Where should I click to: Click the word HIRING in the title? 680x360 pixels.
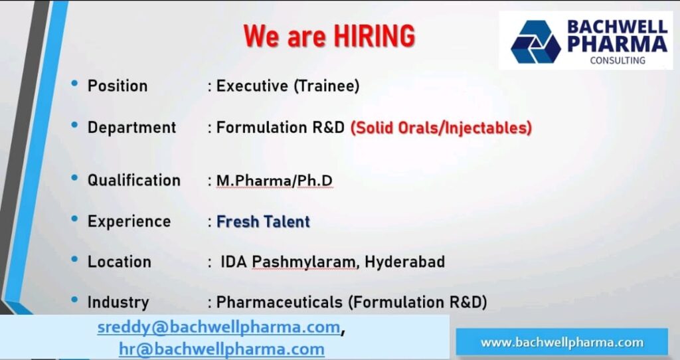[375, 36]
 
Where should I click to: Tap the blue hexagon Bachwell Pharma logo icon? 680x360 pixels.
[535, 41]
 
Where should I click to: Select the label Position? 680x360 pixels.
[118, 86]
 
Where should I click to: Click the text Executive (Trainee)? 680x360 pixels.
[288, 86]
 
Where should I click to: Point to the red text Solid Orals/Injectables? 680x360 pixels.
[442, 127]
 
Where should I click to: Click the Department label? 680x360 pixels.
[131, 127]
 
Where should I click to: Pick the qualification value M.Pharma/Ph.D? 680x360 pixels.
[274, 180]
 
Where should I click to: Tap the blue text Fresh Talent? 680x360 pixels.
[263, 221]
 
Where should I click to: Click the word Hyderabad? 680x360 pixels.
[405, 262]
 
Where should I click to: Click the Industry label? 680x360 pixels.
[118, 302]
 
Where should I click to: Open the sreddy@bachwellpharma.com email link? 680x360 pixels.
[219, 327]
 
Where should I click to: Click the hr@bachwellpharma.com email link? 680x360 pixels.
[221, 348]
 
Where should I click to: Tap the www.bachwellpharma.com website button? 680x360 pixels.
[562, 343]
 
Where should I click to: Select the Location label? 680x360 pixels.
[119, 262]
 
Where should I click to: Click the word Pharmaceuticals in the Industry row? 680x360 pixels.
[279, 302]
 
